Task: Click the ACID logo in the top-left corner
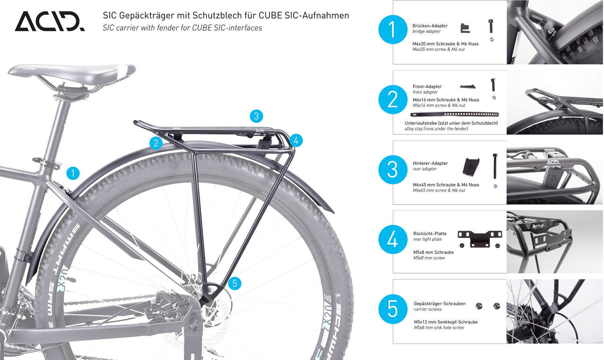click(x=50, y=21)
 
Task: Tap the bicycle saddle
click(x=72, y=74)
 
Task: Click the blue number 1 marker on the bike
click(x=73, y=174)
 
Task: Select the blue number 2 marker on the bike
click(x=156, y=143)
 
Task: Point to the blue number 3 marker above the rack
click(x=256, y=116)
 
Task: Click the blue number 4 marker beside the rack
click(x=296, y=141)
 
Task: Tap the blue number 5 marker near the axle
click(x=234, y=283)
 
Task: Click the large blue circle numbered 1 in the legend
click(x=393, y=30)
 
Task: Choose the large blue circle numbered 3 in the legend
click(x=393, y=170)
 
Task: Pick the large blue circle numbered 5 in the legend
click(x=393, y=309)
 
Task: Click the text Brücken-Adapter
click(x=430, y=26)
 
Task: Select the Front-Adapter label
click(x=427, y=87)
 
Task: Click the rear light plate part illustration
click(x=480, y=239)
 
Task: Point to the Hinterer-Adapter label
click(x=430, y=163)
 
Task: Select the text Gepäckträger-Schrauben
click(x=439, y=304)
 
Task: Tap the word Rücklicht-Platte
click(x=430, y=234)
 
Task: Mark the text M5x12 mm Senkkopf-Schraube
click(x=445, y=322)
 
